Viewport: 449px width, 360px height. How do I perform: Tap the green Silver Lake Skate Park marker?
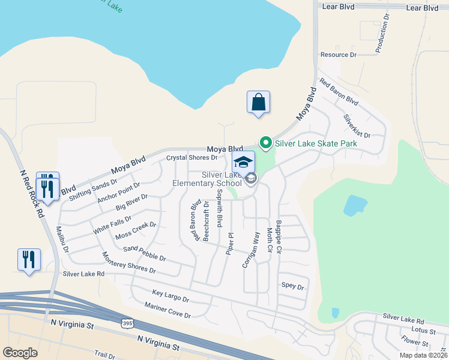pos(265,143)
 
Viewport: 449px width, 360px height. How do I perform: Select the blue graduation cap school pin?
pos(243,162)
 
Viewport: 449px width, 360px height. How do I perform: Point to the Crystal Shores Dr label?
pos(192,158)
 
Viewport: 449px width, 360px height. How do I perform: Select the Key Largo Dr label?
pos(170,296)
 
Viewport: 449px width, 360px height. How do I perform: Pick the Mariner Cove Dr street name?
pos(167,311)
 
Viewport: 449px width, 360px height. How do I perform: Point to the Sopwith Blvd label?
pos(220,205)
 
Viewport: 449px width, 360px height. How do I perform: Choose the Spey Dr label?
pos(293,287)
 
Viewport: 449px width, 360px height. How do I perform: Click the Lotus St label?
pos(424,330)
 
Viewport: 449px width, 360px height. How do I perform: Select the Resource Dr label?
pos(339,55)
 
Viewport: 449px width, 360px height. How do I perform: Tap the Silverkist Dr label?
pos(357,127)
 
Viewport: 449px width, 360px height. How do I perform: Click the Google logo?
pos(20,352)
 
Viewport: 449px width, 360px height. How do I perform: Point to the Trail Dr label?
pos(104,356)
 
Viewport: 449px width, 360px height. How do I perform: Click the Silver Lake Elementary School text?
pos(207,179)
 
